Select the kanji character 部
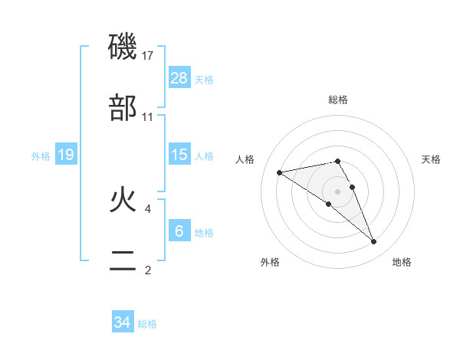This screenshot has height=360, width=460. tap(123, 108)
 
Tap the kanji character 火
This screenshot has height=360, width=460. tap(123, 200)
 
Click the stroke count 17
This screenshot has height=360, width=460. tap(148, 56)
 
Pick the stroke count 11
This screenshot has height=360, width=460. tap(148, 116)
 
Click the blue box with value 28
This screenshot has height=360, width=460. tap(179, 77)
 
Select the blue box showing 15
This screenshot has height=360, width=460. tap(179, 155)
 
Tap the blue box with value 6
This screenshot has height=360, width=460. tap(179, 231)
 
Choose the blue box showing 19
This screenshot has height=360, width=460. tap(65, 155)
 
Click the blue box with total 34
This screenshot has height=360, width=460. tap(123, 322)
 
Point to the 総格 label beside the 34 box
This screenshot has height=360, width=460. tap(147, 324)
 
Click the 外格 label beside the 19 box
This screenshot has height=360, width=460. tap(41, 156)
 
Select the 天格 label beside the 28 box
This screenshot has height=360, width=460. tap(204, 79)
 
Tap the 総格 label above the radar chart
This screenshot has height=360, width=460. tap(337, 100)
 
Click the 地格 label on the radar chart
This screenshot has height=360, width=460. tap(402, 262)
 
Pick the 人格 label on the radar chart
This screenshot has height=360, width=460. tap(246, 159)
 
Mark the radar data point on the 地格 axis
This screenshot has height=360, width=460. tap(374, 242)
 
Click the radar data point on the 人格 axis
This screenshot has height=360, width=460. tap(280, 172)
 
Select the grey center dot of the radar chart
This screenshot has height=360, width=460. tap(337, 191)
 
